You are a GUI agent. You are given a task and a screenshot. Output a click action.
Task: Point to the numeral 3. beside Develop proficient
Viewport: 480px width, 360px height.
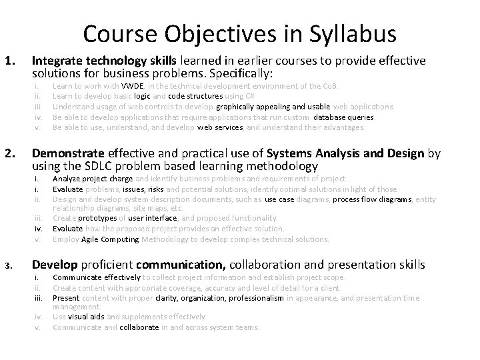coord(8,266)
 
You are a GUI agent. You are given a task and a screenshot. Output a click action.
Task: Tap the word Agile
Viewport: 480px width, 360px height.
coord(94,239)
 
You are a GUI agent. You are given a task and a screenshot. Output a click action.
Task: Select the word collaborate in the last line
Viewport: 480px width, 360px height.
coord(139,327)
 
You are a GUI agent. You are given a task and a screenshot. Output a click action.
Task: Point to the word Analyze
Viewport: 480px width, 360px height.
coord(67,179)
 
